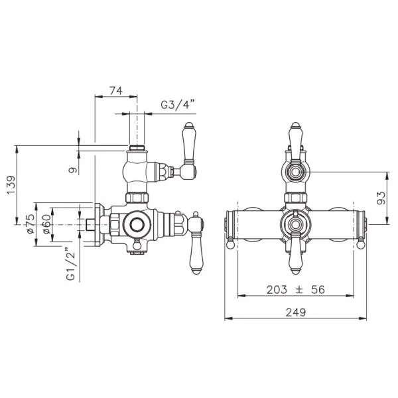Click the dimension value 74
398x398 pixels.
(x=116, y=91)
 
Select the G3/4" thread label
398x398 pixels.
(x=178, y=105)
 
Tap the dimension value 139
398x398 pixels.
(x=11, y=185)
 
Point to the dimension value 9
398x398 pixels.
(x=73, y=170)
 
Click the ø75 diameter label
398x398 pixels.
(x=31, y=224)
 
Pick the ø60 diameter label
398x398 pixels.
(x=46, y=224)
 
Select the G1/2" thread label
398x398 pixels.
(x=72, y=264)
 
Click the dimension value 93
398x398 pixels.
(x=381, y=198)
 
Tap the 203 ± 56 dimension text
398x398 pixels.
(x=295, y=290)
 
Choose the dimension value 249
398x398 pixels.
(x=296, y=312)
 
